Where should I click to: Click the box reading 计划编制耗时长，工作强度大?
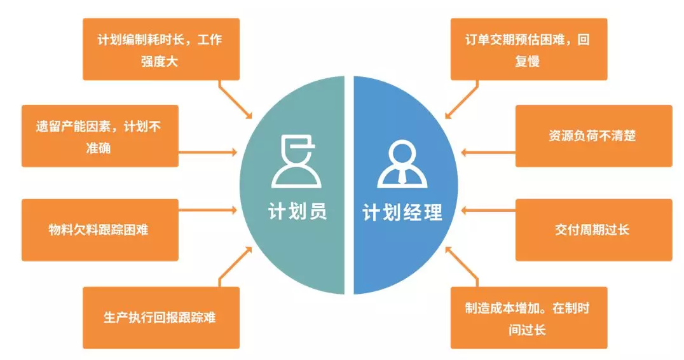(161, 50)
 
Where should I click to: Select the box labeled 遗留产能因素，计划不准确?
(99, 136)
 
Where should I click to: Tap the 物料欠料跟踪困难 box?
(99, 230)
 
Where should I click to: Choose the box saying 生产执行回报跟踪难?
(161, 317)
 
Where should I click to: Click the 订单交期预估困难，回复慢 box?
(528, 50)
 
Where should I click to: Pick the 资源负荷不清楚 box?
(592, 136)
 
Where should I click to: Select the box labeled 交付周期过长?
(592, 230)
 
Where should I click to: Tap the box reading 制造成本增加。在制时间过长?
(528, 317)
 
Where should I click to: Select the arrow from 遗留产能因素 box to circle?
(207, 153)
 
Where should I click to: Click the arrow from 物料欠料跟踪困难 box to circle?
(207, 208)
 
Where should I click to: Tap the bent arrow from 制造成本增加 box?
(462, 265)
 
